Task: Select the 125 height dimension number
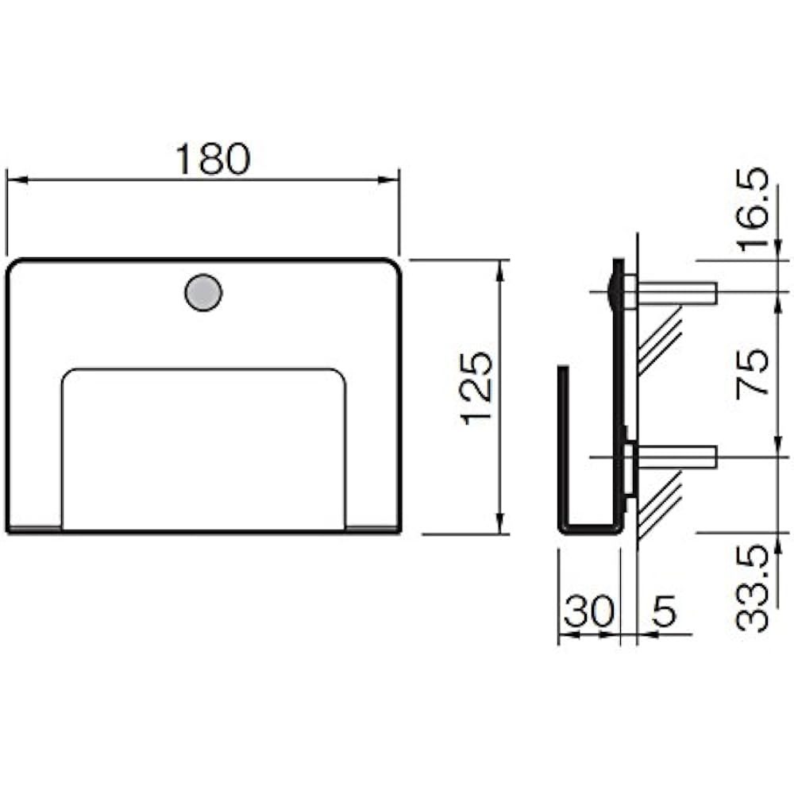pyautogui.click(x=476, y=388)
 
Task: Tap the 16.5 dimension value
pyautogui.click(x=753, y=210)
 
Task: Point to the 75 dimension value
pyautogui.click(x=753, y=373)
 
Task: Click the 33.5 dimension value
pyautogui.click(x=753, y=588)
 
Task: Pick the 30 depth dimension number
pyautogui.click(x=589, y=611)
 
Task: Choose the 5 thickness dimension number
pyautogui.click(x=664, y=611)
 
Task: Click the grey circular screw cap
pyautogui.click(x=203, y=293)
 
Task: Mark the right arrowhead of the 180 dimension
pyautogui.click(x=389, y=179)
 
